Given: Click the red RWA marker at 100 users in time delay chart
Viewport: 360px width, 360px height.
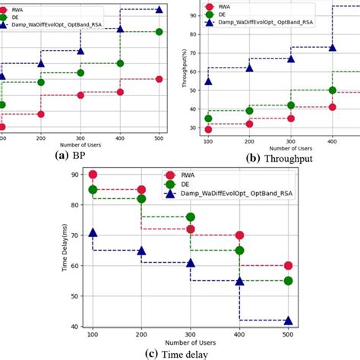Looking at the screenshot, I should (x=93, y=175).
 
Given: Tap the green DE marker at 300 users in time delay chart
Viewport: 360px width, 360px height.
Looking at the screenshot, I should (x=190, y=218).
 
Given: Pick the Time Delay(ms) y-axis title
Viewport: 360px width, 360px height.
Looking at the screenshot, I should (x=65, y=251).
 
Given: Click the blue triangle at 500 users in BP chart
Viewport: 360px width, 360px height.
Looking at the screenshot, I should (x=159, y=9).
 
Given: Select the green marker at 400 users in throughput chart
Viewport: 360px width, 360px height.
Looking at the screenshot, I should (x=332, y=90).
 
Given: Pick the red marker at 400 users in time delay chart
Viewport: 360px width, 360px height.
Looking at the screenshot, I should (x=239, y=235).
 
